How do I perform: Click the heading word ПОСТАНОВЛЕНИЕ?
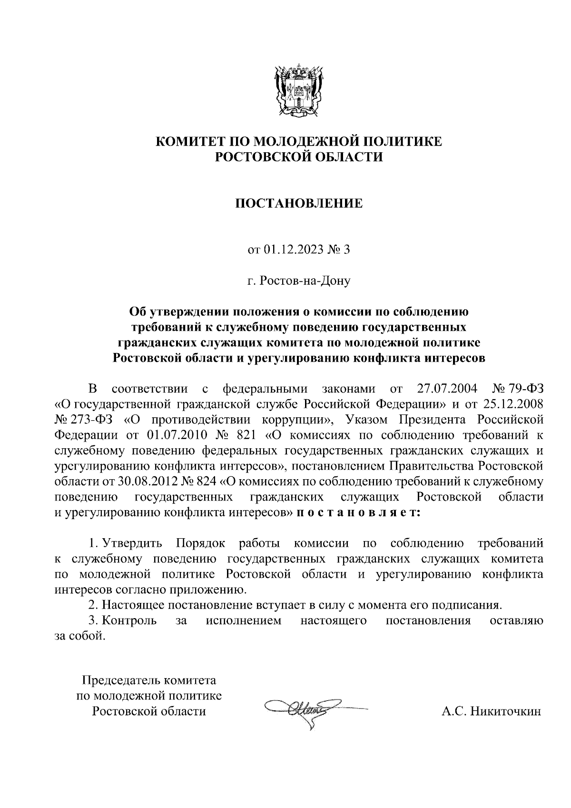(x=299, y=204)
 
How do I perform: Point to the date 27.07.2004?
(x=447, y=389)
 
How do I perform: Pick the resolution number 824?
(x=206, y=482)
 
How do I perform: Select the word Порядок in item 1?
(x=201, y=543)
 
